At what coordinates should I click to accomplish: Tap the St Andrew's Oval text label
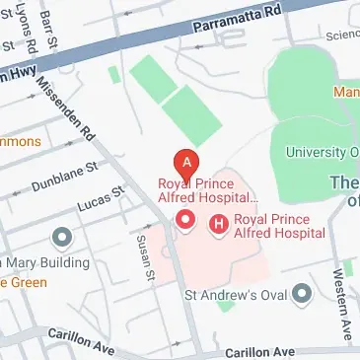click(239, 294)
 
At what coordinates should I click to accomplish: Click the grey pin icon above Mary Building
click(61, 237)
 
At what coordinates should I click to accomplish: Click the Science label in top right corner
click(339, 34)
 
